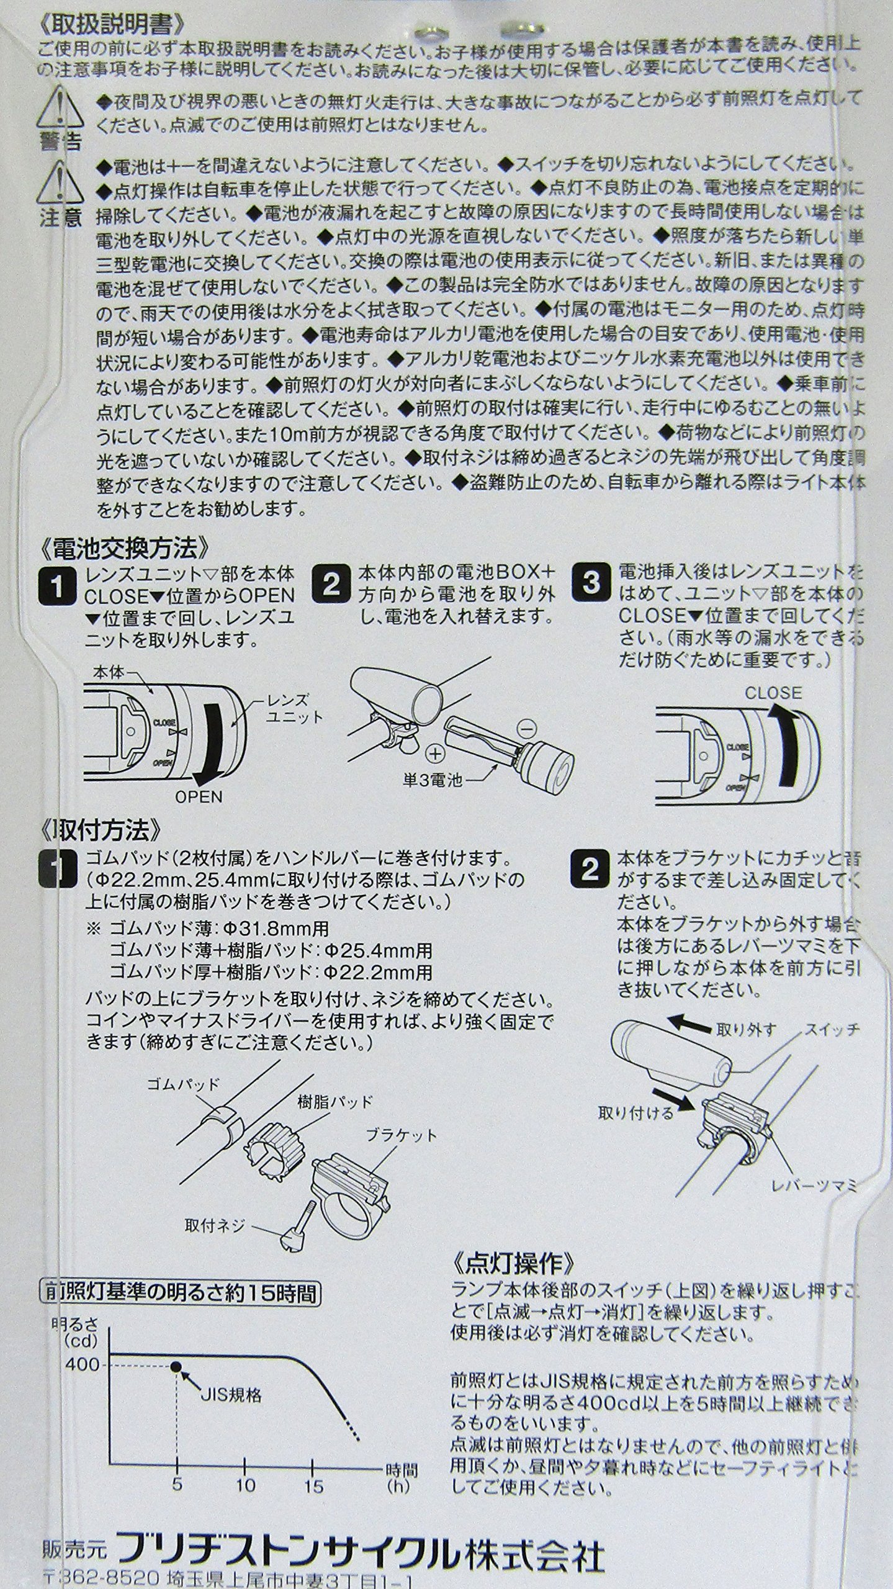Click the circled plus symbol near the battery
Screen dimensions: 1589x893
click(438, 754)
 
